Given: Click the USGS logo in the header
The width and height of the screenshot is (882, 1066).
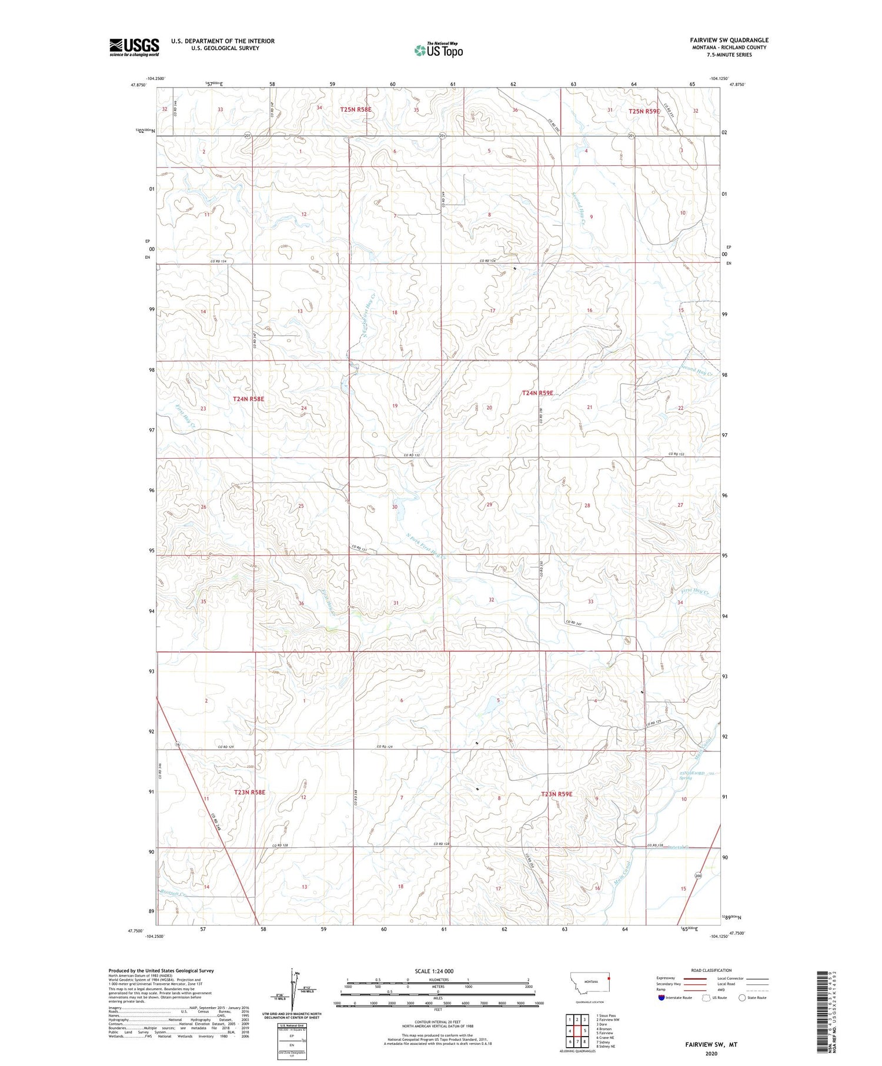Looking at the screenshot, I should (x=134, y=47).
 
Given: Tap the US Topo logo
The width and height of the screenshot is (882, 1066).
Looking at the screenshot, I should (x=438, y=51).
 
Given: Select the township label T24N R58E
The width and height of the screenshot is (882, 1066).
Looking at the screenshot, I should (x=249, y=399).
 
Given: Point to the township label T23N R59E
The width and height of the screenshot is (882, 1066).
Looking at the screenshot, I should (x=556, y=794).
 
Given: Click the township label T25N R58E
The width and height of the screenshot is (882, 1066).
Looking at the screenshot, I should (x=356, y=109).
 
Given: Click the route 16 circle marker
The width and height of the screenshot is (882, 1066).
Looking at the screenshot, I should (x=176, y=744).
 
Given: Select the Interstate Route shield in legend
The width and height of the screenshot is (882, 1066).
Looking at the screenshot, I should (x=662, y=997).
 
